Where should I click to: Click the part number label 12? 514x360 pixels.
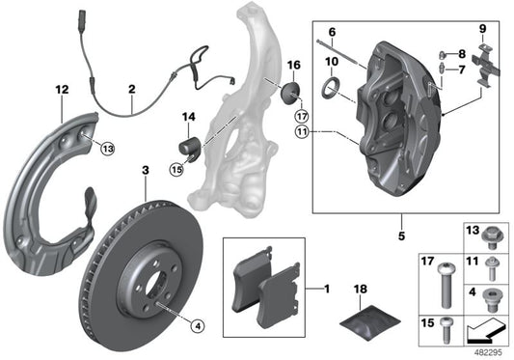63,91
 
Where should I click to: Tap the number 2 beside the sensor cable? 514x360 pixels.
131,92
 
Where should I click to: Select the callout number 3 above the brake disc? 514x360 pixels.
145,171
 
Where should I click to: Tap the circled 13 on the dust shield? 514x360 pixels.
107,148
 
